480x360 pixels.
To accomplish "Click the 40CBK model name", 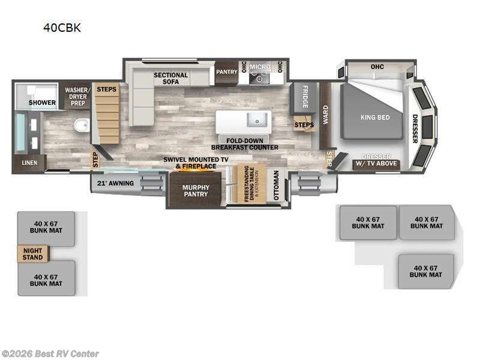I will click(x=61, y=28).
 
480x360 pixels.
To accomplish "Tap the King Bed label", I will click(x=375, y=117).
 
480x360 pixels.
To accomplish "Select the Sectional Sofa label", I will click(x=170, y=79).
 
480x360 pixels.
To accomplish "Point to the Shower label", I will click(x=43, y=103).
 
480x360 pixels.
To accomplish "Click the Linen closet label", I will click(x=29, y=163).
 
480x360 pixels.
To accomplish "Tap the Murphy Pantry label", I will click(x=196, y=191).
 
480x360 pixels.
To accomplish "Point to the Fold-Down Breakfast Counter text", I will click(x=244, y=143).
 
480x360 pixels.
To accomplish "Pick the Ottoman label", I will click(x=276, y=186).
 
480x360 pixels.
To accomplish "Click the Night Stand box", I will click(x=32, y=254).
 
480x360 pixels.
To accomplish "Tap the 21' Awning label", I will click(x=116, y=183).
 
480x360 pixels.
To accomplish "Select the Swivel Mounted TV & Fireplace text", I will click(x=196, y=163).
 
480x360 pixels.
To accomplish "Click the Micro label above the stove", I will click(x=259, y=67).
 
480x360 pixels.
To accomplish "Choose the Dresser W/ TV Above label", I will click(x=376, y=160).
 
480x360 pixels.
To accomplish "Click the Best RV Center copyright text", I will click(x=50, y=354).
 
